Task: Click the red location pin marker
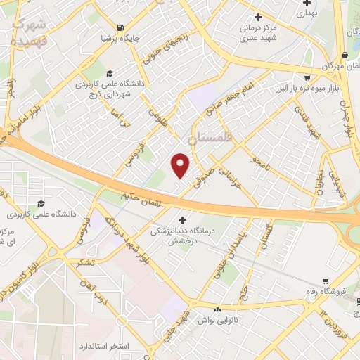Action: tap(181, 166)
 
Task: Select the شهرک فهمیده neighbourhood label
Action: tap(30, 31)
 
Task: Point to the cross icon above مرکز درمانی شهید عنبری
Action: tap(258, 17)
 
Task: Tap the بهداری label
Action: tap(307, 13)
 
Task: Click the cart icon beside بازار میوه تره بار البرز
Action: tap(307, 78)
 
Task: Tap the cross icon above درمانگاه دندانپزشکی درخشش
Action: tap(184, 219)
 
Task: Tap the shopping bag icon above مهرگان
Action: tap(344, 56)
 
